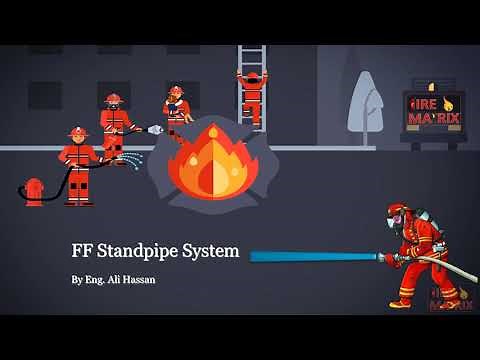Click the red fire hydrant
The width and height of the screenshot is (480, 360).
tap(35, 190)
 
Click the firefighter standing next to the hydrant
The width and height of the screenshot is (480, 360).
tap(78, 165)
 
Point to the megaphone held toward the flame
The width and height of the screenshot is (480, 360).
tap(153, 130)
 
